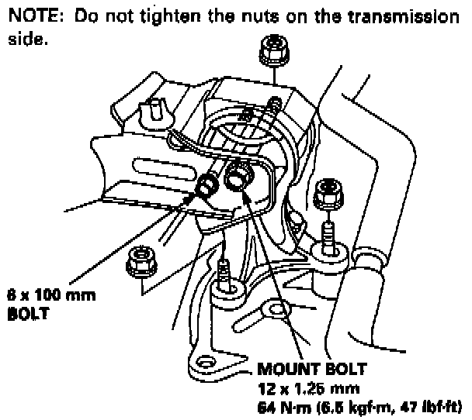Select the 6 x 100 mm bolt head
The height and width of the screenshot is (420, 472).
pos(208,185)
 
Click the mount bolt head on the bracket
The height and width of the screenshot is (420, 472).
pos(236,181)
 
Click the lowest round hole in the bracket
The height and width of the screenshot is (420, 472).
pos(204,363)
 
